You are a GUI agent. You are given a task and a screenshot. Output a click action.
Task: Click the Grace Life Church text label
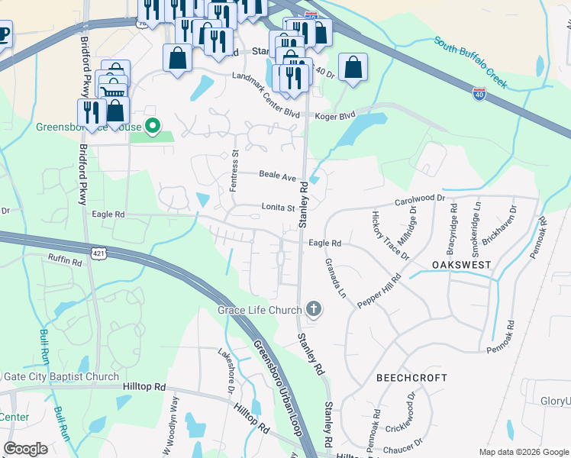[260, 310]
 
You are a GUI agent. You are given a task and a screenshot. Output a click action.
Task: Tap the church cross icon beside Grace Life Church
[313, 309]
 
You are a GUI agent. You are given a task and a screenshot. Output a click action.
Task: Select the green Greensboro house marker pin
[153, 126]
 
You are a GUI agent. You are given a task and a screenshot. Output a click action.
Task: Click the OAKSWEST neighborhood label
[461, 264]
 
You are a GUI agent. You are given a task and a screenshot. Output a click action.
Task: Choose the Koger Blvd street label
[337, 116]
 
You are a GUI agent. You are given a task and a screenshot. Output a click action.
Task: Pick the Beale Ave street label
[277, 176]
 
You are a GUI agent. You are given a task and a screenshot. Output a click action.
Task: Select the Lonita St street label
[279, 208]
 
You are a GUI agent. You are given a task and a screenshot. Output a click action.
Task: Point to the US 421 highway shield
[98, 252]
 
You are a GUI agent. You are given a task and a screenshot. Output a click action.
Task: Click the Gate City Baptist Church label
[61, 376]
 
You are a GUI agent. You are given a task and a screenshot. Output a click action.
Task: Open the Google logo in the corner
[25, 449]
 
